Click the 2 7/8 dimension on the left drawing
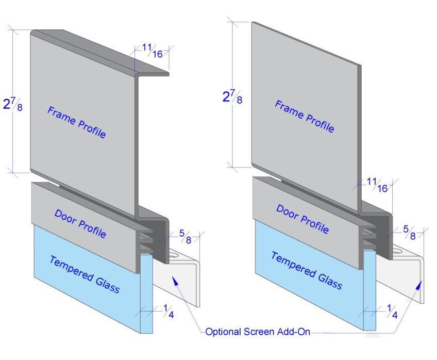(13, 104)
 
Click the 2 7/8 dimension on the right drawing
(232, 96)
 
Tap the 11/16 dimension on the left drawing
(153, 51)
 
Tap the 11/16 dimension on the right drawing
(377, 185)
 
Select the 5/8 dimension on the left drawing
(186, 236)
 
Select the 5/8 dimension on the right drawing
(409, 233)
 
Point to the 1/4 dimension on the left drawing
(169, 312)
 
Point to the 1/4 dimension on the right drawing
(392, 312)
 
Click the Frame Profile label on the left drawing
(77, 122)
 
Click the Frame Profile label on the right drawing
(305, 116)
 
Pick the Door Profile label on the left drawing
(80, 224)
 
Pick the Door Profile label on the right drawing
(302, 219)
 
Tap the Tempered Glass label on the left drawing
(85, 274)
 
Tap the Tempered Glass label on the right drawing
(307, 270)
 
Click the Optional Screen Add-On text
(258, 332)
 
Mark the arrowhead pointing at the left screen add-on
(175, 281)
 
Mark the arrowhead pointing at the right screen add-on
(418, 286)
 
